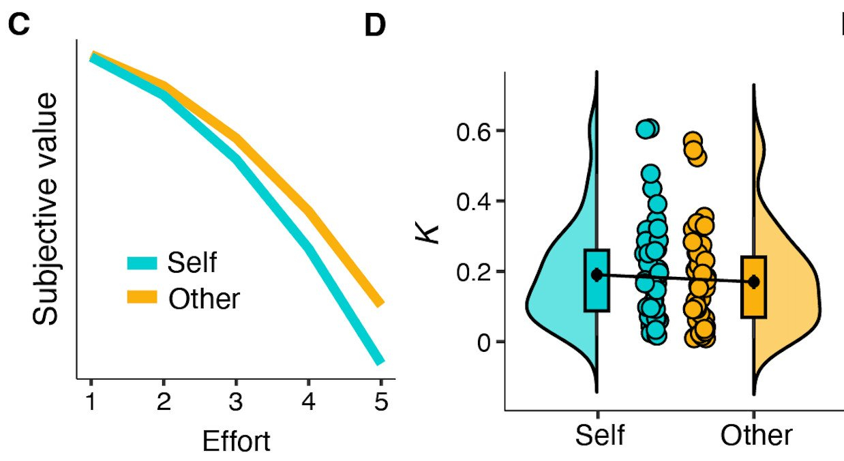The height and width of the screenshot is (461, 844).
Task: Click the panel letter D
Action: pyautogui.click(x=375, y=26)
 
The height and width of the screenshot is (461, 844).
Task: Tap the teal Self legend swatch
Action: pyautogui.click(x=142, y=263)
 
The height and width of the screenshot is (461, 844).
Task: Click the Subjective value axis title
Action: pyautogui.click(x=48, y=209)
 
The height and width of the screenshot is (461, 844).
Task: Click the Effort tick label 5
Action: pyautogui.click(x=381, y=402)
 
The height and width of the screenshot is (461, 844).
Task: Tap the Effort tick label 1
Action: pyautogui.click(x=91, y=402)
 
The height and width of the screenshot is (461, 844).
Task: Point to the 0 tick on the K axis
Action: pyautogui.click(x=483, y=342)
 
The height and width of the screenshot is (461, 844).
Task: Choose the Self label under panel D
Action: pyautogui.click(x=600, y=435)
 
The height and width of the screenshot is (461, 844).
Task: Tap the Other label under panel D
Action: pyautogui.click(x=757, y=435)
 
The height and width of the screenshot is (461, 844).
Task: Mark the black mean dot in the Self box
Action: pyautogui.click(x=597, y=274)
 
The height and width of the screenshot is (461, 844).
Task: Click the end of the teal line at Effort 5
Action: pyautogui.click(x=380, y=361)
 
